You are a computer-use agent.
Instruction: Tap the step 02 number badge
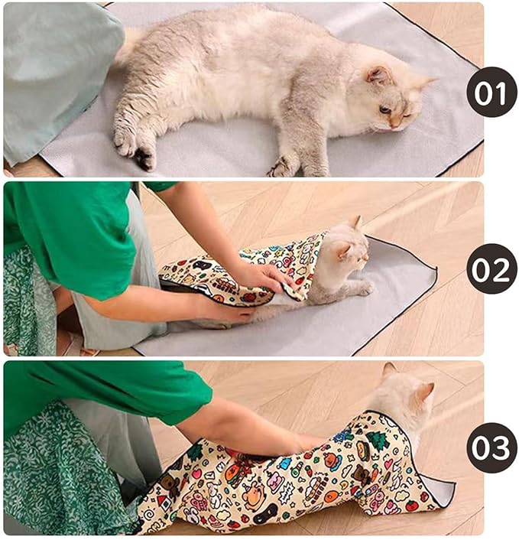tap(491, 268)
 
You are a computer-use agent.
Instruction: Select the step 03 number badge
tap(491, 447)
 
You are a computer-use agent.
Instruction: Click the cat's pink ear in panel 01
tap(378, 74)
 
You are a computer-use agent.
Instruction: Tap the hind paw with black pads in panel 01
tap(144, 158)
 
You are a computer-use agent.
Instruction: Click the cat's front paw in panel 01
tap(283, 166)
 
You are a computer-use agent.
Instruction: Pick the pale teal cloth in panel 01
tap(57, 76)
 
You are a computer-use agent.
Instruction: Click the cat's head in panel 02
tap(345, 252)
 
